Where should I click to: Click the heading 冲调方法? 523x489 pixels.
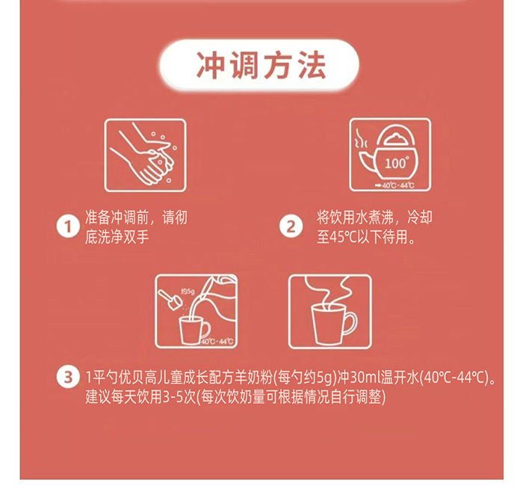click(261, 65)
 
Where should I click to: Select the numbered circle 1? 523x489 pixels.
click(68, 227)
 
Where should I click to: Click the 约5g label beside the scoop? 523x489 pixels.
click(187, 290)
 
